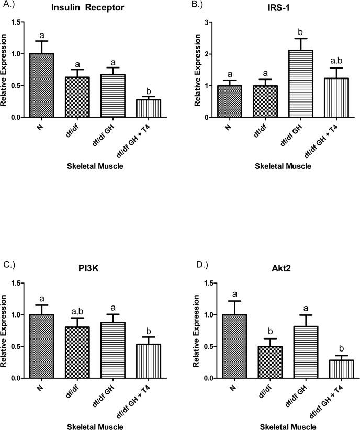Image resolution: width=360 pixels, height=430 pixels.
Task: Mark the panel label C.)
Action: tap(10, 264)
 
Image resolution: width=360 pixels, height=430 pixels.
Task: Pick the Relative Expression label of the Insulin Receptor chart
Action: tap(5, 70)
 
